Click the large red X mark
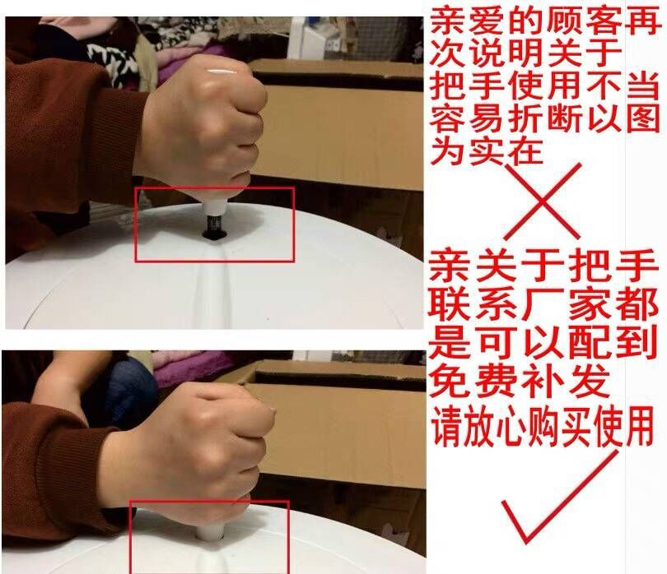coord(543,201)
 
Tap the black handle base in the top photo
coord(212,229)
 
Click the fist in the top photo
coord(200,127)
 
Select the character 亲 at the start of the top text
coord(445,21)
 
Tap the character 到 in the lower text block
coord(639,343)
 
